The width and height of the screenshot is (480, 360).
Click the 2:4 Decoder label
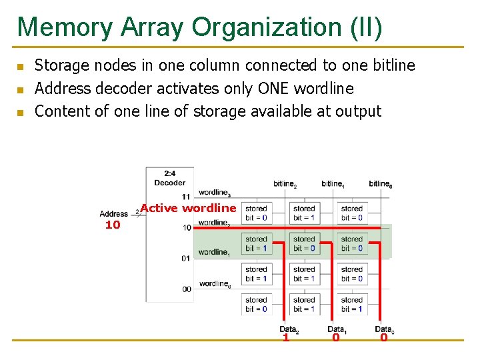point(169,178)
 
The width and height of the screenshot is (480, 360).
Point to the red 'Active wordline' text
point(188,208)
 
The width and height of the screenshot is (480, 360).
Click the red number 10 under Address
point(113,225)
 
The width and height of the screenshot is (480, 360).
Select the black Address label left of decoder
point(113,214)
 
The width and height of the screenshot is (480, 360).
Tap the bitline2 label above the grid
point(285,183)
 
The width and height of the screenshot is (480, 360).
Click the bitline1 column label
point(333,183)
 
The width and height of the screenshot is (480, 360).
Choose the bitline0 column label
point(380,183)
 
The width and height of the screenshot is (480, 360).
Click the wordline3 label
point(215,193)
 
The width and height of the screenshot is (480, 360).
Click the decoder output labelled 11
point(186,197)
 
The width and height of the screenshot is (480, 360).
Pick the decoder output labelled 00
point(186,289)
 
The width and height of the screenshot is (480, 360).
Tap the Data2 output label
point(289,329)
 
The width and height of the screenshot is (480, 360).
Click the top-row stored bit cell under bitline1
point(304,213)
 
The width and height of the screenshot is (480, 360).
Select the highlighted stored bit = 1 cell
point(256,243)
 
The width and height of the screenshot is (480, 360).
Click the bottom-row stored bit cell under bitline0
point(351,304)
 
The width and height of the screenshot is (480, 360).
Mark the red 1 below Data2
point(285,338)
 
